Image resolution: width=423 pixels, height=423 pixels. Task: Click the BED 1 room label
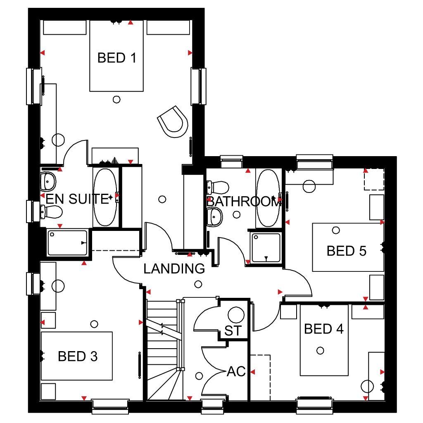click(x=117, y=58)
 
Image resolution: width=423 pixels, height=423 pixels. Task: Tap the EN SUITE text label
click(x=77, y=199)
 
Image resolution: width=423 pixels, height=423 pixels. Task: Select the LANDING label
click(x=174, y=269)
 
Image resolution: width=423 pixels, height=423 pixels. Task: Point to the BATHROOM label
click(x=244, y=202)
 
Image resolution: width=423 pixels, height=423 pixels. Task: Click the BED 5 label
click(x=347, y=251)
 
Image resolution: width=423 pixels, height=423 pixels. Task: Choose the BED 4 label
click(x=324, y=329)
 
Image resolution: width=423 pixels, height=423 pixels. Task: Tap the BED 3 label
click(x=78, y=356)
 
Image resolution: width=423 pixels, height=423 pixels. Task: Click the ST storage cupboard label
click(x=233, y=331)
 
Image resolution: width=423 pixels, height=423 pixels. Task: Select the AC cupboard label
click(x=236, y=371)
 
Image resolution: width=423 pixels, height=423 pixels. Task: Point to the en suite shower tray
click(x=67, y=243)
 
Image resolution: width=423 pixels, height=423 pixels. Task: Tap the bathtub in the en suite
click(x=105, y=197)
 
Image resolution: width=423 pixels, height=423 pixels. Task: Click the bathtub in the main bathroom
click(x=268, y=198)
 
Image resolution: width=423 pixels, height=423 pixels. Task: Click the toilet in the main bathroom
click(x=217, y=187)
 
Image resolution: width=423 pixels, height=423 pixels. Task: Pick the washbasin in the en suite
click(x=48, y=182)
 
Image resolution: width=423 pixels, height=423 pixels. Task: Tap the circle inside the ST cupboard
click(x=236, y=315)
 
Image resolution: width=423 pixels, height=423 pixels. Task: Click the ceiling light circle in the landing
click(x=198, y=284)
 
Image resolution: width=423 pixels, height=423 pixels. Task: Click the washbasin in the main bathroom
click(x=215, y=217)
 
